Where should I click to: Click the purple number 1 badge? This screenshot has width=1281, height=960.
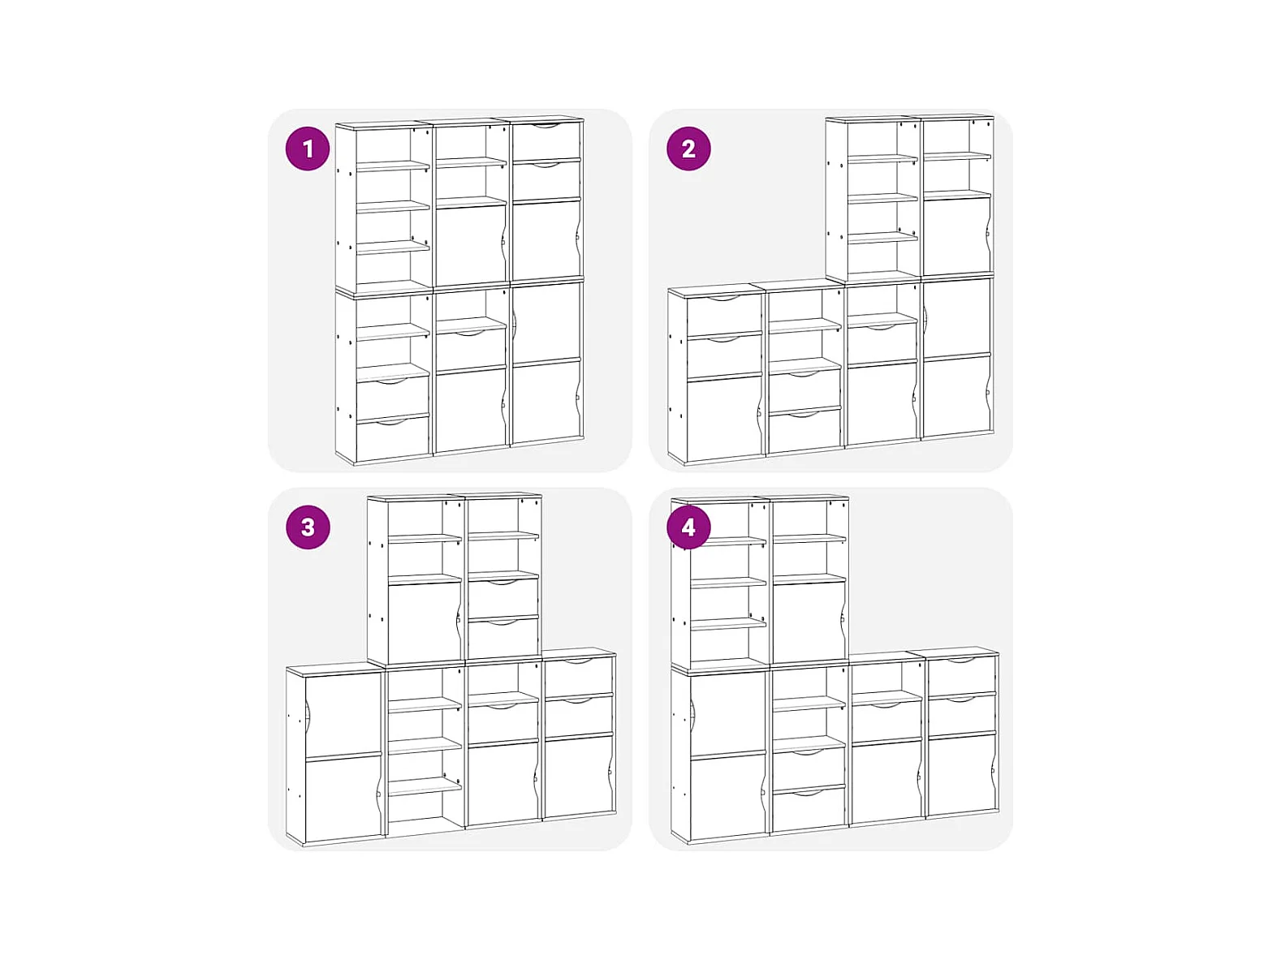tap(307, 149)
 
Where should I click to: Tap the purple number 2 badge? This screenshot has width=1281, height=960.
tap(688, 149)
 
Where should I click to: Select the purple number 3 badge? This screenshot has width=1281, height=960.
tap(308, 527)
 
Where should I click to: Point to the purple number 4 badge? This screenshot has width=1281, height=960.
tap(688, 527)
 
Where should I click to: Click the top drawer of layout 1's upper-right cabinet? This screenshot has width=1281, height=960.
tap(546, 140)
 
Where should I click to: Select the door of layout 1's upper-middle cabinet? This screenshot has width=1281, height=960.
tap(470, 243)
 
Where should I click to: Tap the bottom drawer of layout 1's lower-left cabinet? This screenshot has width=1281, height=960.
tap(392, 439)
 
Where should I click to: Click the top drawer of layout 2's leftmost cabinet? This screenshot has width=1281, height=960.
tap(723, 316)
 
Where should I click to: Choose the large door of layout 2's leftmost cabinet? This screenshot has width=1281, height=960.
tap(724, 419)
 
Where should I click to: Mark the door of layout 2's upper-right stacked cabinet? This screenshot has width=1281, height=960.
tap(956, 235)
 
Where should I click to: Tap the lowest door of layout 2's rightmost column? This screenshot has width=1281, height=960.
tap(956, 395)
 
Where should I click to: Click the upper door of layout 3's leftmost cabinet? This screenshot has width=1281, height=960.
tap(343, 715)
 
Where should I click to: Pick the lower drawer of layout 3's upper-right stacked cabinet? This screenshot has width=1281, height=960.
tap(503, 638)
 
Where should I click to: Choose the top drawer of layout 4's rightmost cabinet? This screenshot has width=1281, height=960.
tap(961, 675)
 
